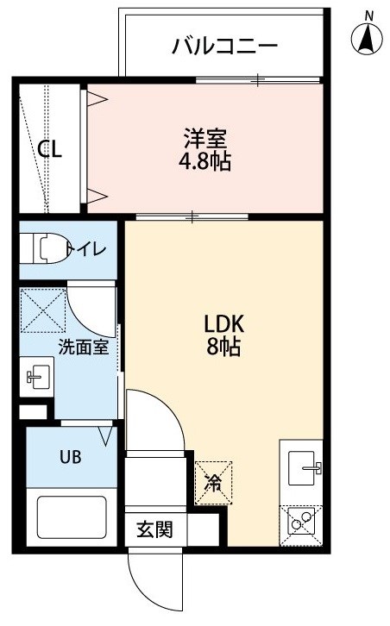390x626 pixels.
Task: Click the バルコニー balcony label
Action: (224, 47)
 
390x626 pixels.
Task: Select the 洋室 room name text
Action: (205, 138)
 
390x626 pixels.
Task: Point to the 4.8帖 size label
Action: (204, 161)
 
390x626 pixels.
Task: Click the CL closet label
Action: (49, 149)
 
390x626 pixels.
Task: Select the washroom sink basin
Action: (37, 377)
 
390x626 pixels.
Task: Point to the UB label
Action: (71, 456)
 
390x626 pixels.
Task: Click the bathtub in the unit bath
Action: (72, 517)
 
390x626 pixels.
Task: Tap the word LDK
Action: (223, 324)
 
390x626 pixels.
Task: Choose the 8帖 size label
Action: (223, 347)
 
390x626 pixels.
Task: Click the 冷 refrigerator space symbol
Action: (213, 483)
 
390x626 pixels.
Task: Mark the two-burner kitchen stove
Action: (301, 525)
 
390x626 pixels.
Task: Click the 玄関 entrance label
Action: (155, 529)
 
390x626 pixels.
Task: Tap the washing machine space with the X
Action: (43, 310)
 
